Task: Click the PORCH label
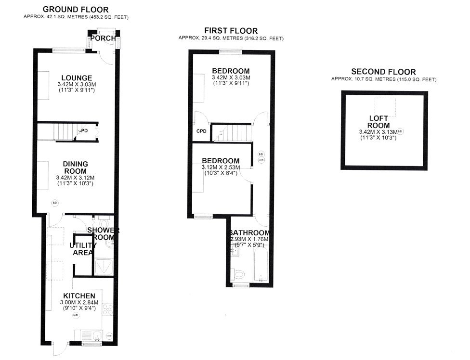coord(103,39)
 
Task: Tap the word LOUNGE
coord(76,78)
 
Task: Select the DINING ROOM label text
coord(75,167)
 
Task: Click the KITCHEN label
coord(79,296)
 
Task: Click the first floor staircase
coord(233,132)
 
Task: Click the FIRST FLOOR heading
coord(231,31)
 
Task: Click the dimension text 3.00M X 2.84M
coord(79,302)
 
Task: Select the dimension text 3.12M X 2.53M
coord(221,167)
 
